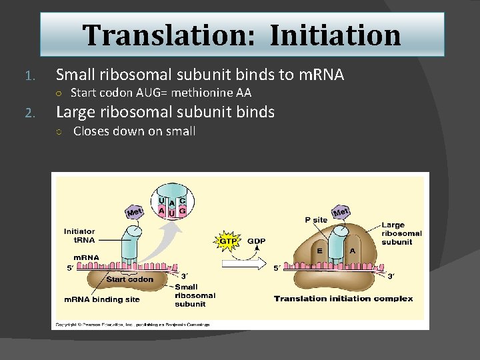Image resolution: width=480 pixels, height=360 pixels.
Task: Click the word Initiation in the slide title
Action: point(335,35)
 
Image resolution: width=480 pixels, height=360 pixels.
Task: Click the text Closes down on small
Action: point(134,131)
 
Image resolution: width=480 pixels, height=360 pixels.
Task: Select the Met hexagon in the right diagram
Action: point(341,213)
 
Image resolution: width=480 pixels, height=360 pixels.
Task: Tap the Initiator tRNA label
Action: point(79,236)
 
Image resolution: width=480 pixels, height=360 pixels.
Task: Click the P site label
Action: point(316,219)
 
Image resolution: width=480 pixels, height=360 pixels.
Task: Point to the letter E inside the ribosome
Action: point(320,251)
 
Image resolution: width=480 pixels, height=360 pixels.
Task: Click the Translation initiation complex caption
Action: point(343,299)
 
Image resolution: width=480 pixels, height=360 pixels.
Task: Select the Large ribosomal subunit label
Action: point(401,233)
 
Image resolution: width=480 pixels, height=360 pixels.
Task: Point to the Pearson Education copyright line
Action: point(133,325)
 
